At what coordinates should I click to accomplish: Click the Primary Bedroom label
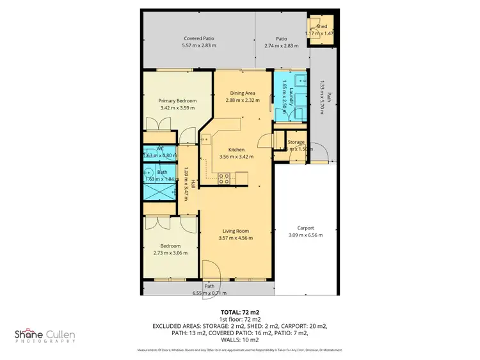[177, 101]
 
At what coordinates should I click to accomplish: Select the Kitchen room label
[236, 150]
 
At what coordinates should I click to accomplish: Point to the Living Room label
[236, 231]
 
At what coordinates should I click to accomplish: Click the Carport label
[305, 228]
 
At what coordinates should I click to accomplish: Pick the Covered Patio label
[198, 38]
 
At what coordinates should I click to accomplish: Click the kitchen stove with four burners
[225, 178]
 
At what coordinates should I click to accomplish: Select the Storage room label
[296, 142]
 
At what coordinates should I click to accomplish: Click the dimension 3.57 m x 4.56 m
[236, 238]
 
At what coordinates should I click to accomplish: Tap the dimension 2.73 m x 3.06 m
[170, 253]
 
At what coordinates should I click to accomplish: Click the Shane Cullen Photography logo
[49, 336]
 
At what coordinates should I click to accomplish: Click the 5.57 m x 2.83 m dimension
[198, 45]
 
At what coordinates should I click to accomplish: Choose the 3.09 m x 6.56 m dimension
[305, 235]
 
